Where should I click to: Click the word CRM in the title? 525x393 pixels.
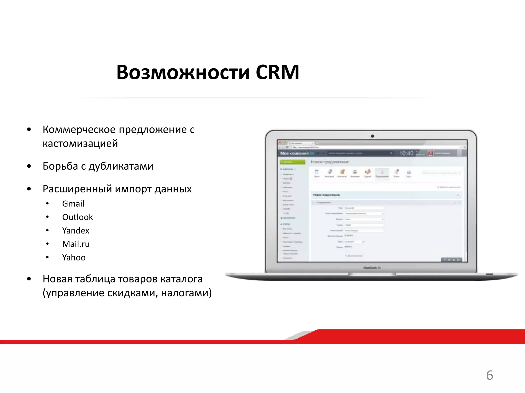(277, 72)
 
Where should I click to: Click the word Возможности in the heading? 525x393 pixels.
(183, 72)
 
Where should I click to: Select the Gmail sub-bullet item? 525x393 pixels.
(73, 204)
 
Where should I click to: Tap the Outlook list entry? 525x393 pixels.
(77, 217)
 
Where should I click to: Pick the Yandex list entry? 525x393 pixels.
(76, 231)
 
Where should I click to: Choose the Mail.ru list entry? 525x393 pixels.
(76, 244)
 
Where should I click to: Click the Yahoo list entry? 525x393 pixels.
(74, 257)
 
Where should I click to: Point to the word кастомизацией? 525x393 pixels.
(80, 143)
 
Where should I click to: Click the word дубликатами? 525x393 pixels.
(121, 166)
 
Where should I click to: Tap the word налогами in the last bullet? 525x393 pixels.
(186, 293)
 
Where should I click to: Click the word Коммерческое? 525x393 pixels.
(79, 129)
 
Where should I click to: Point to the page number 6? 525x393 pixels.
(490, 375)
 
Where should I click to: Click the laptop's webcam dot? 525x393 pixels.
(372, 136)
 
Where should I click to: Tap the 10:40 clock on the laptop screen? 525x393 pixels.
(406, 153)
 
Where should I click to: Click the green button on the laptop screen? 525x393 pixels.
(292, 162)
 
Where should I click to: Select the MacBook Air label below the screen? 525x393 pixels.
(372, 268)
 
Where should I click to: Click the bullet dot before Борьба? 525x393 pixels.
(29, 166)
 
